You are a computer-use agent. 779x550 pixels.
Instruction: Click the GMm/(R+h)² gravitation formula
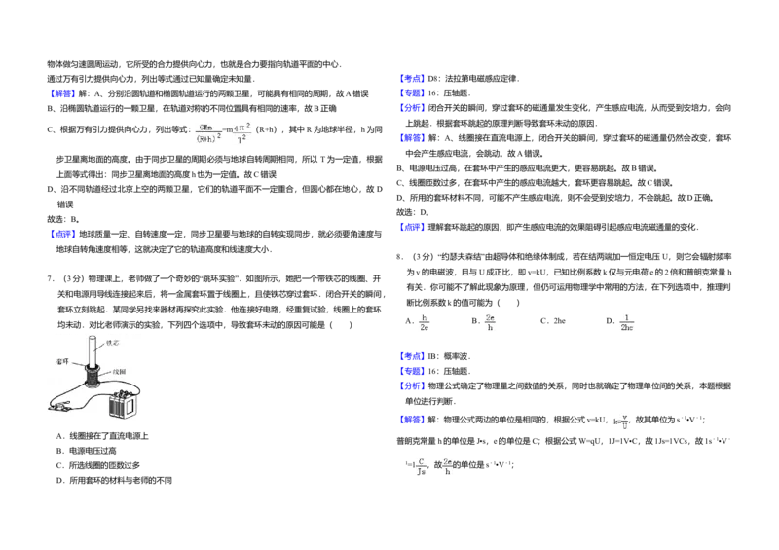209,132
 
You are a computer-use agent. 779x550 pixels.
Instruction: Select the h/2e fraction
425,323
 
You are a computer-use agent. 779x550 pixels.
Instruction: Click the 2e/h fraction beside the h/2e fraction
491,323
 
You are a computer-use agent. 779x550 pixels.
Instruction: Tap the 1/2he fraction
627,323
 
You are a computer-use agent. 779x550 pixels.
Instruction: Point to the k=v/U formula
619,421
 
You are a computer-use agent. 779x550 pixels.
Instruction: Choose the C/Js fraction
421,466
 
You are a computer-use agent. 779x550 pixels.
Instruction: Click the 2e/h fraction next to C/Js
448,466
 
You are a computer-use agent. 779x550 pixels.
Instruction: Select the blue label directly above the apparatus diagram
62,234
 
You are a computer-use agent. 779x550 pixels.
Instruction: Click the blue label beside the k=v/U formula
412,421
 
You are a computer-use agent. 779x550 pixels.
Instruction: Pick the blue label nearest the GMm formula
62,93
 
